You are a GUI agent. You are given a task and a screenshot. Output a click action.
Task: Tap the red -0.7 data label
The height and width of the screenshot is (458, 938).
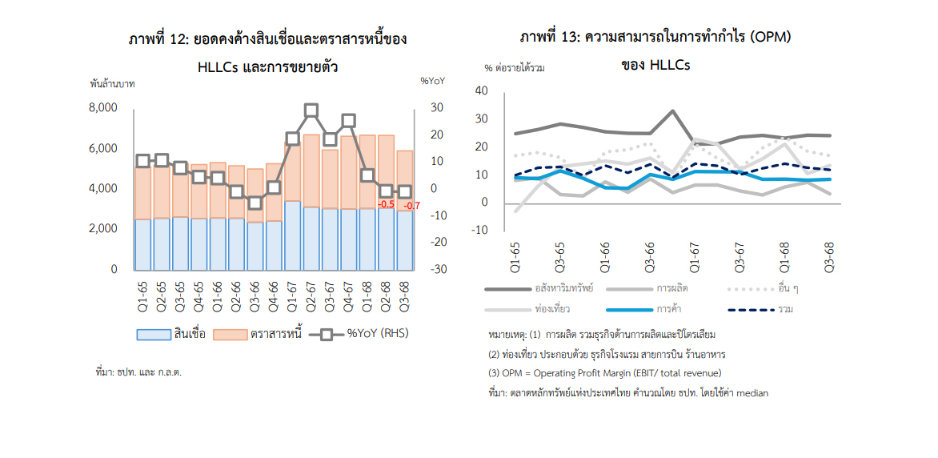click(411, 206)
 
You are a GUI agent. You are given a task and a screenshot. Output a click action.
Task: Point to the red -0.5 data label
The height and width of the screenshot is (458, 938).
click(386, 204)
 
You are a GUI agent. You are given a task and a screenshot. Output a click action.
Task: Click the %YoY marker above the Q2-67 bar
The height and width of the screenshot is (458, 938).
click(311, 110)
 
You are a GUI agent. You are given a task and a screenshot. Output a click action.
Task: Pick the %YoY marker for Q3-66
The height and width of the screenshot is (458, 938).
click(255, 203)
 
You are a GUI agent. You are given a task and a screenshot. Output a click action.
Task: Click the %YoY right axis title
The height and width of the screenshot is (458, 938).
click(432, 80)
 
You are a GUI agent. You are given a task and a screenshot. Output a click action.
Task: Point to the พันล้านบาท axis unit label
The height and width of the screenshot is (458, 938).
click(112, 82)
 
